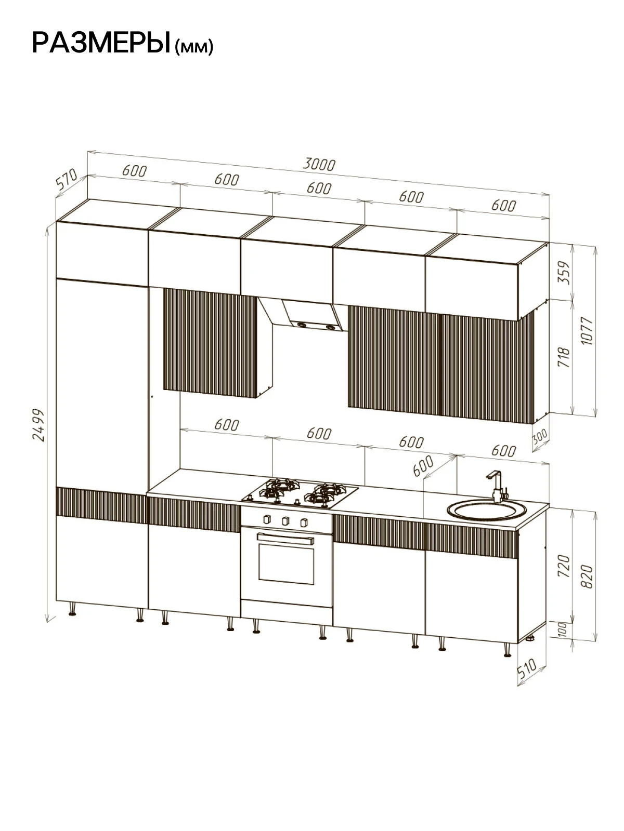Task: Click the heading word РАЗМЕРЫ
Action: tap(101, 43)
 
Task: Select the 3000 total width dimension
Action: tap(319, 165)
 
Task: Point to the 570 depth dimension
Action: tap(67, 179)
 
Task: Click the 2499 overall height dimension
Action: tap(38, 425)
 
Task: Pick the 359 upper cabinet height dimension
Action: tap(564, 273)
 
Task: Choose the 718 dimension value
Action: tap(564, 357)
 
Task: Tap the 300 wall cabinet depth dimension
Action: tap(540, 436)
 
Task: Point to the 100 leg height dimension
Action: tap(563, 629)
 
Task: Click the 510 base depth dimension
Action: tap(527, 668)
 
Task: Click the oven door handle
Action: tap(285, 538)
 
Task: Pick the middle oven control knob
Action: tap(285, 521)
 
